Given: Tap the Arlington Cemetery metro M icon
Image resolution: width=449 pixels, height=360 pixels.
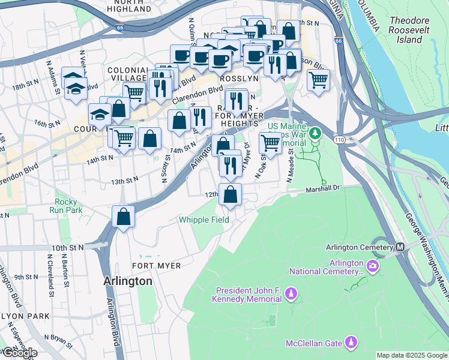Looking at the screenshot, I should [399, 247].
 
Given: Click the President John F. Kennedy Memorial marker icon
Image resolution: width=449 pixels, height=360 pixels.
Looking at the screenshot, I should [291, 293].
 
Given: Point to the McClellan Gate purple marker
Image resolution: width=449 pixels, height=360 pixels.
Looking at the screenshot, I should [351, 343].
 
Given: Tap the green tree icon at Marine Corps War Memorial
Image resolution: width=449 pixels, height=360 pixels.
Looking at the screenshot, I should [313, 132].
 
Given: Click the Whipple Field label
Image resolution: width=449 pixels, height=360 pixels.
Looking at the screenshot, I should [203, 220].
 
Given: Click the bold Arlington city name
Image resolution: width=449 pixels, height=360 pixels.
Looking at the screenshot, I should [127, 281].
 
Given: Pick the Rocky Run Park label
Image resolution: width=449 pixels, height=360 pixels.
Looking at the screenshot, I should [68, 206].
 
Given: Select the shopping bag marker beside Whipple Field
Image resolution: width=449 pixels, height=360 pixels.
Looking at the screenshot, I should [231, 194].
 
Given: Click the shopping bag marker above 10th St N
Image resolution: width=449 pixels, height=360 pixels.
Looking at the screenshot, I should [123, 217].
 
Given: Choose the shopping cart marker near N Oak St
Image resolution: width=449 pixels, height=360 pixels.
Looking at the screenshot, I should [270, 143].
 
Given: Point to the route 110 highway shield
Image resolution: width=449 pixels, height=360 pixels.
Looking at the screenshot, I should [339, 139].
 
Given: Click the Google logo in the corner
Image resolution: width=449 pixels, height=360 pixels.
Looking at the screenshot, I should [19, 353].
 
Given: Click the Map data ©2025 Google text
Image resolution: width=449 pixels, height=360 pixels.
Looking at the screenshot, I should [411, 355].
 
